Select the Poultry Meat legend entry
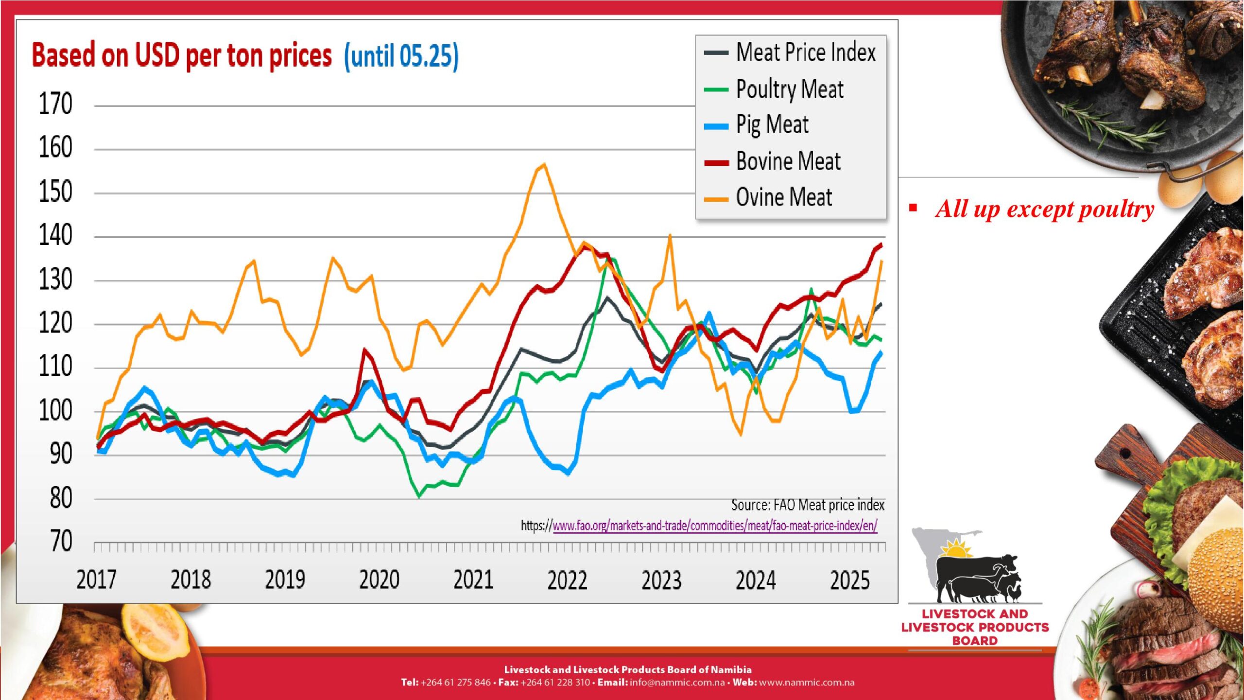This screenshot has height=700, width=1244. point(790,89)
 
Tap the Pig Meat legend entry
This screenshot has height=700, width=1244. point(772,125)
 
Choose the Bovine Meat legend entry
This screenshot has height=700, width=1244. point(788,161)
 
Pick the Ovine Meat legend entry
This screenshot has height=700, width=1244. point(783,197)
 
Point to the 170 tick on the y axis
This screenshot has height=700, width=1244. point(55,104)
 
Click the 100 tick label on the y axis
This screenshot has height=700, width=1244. point(55,411)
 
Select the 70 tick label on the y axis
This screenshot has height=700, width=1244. point(61,542)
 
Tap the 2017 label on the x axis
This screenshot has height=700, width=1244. point(96,580)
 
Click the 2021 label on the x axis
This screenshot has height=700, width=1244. point(473,580)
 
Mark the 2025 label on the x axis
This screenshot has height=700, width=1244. point(849,580)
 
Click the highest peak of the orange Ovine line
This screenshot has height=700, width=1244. point(544,164)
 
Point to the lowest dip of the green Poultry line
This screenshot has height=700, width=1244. point(419,496)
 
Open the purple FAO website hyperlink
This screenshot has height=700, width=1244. point(715,526)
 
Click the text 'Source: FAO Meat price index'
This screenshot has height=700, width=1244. point(808,505)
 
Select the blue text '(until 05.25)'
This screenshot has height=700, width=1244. point(401,56)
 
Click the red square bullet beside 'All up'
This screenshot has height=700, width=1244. point(913,208)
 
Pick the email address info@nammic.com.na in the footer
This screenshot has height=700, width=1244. point(677,682)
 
